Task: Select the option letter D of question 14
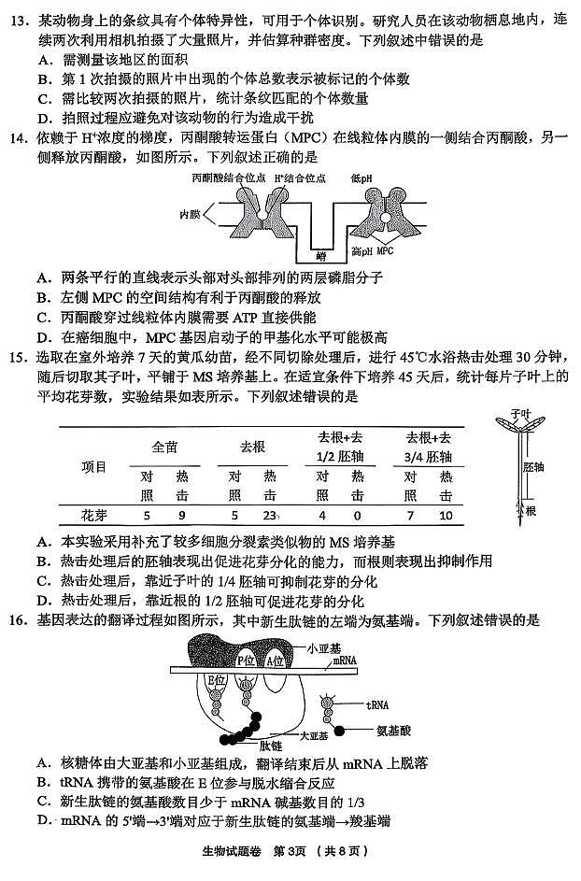click(x=44, y=337)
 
